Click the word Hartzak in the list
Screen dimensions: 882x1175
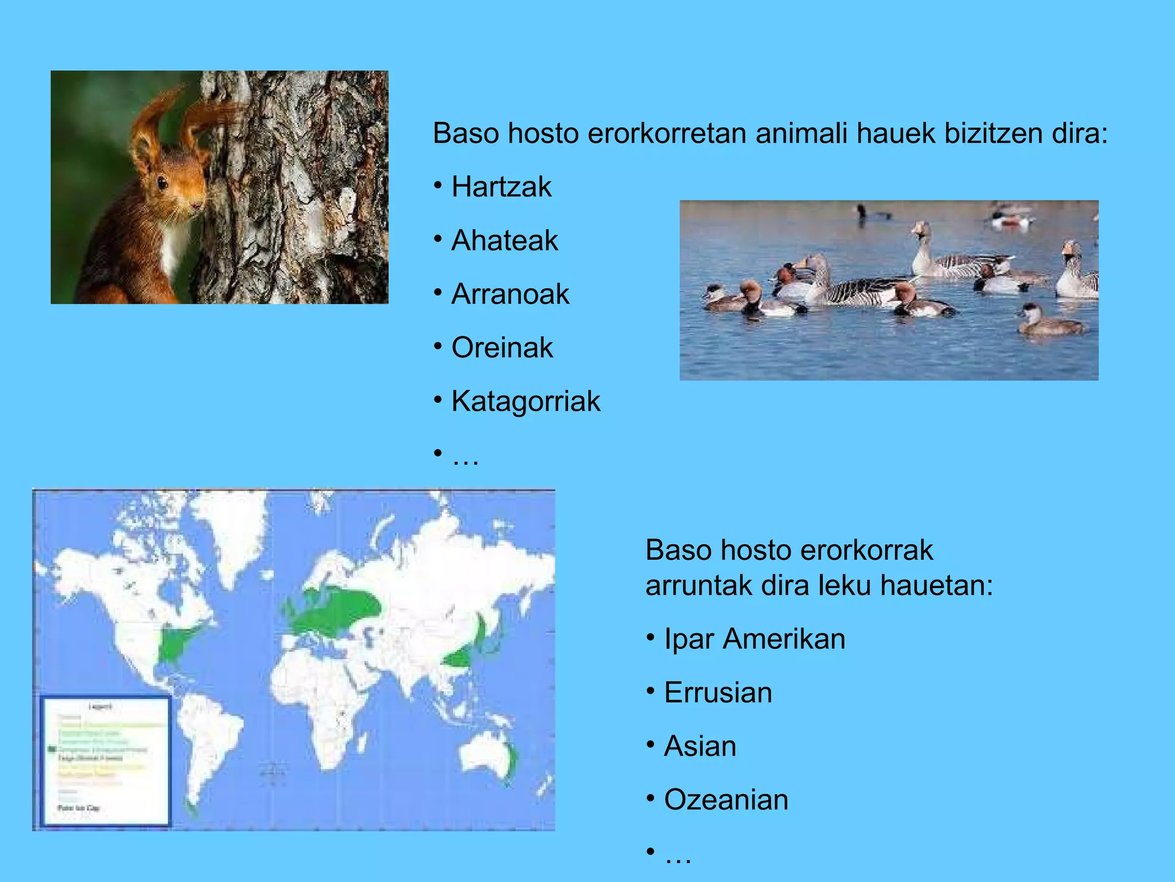[x=501, y=187]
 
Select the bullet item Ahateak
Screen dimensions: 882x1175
[x=504, y=241]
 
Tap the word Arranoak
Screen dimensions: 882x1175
[x=509, y=294]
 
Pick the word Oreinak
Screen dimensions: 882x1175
[x=501, y=348]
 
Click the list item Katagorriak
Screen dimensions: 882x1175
[x=525, y=401]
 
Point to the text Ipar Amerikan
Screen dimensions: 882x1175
[x=754, y=639]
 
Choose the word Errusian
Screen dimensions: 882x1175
[x=717, y=693]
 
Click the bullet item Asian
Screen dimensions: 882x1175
[x=699, y=746]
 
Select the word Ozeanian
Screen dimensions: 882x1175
[x=726, y=800]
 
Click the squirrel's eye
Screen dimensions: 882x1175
[x=162, y=183]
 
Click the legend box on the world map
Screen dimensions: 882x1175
[x=106, y=761]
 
